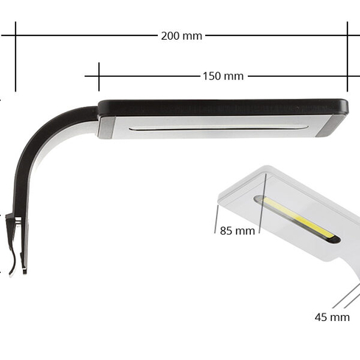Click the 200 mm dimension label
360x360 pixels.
(181, 35)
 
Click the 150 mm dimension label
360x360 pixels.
(222, 76)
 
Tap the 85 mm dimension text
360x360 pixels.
(237, 231)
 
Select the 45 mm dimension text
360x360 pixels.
(332, 317)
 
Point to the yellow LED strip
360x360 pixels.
(298, 218)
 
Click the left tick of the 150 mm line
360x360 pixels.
(99, 75)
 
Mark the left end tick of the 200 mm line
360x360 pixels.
(15, 35)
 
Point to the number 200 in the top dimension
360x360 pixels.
(171, 35)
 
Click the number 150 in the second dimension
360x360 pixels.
(212, 76)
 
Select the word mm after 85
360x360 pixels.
(246, 231)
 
